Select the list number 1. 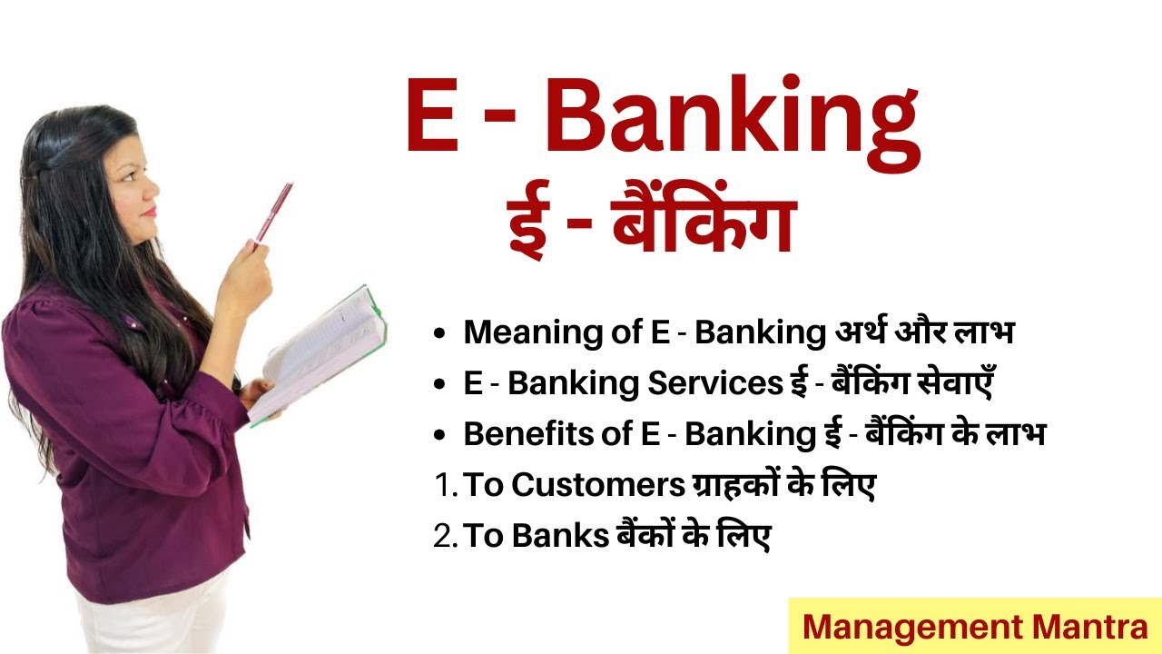(x=444, y=486)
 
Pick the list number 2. (x=445, y=537)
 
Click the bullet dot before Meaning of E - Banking (x=439, y=334)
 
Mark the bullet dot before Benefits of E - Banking (x=439, y=436)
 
